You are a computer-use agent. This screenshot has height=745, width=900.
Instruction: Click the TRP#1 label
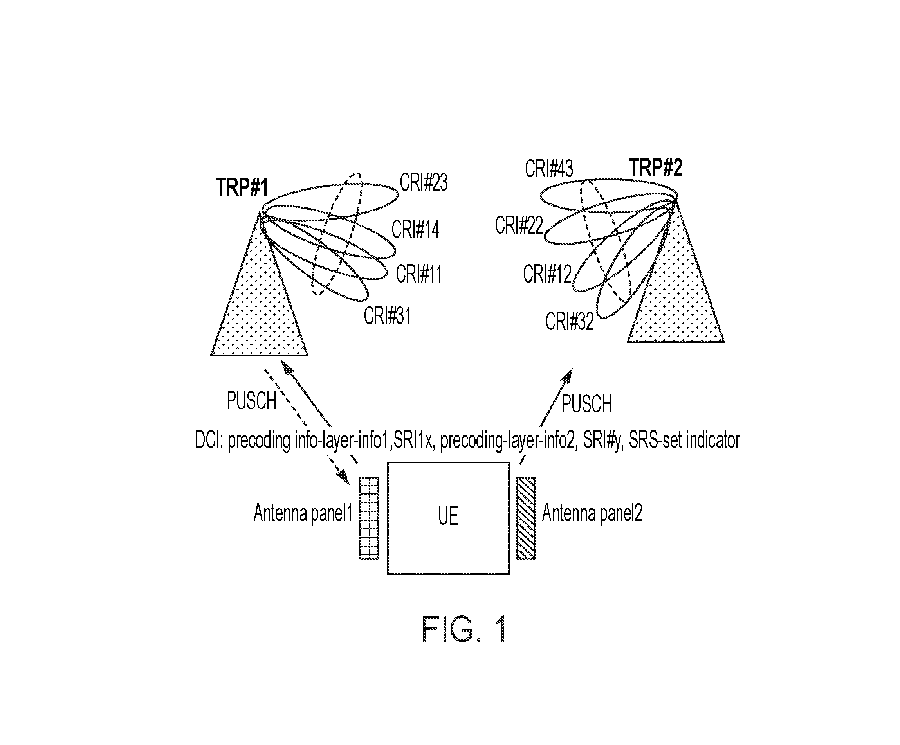point(242,187)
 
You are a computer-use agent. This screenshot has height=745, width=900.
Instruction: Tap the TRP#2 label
point(655,167)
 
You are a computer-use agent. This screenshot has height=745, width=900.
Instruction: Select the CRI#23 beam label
point(424,182)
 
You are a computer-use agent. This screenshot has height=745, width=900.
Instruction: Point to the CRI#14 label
point(415,229)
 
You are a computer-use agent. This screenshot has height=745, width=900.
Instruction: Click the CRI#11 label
point(419,274)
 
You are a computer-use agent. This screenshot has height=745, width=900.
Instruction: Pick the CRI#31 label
point(388,316)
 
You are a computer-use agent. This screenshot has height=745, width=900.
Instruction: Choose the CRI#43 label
point(548,169)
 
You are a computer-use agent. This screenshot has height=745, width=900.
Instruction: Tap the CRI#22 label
point(519,225)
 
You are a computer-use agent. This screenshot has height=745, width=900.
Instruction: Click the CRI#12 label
point(547,274)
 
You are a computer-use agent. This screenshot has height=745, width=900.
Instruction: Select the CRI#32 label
point(570,321)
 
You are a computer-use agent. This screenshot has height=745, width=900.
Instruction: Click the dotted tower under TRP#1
point(259,300)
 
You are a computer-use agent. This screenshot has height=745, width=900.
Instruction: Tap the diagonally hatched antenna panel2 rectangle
point(525,518)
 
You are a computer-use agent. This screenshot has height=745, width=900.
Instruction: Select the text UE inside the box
point(448,516)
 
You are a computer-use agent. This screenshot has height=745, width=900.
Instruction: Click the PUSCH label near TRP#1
point(251,401)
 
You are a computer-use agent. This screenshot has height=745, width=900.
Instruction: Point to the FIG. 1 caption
point(465,628)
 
